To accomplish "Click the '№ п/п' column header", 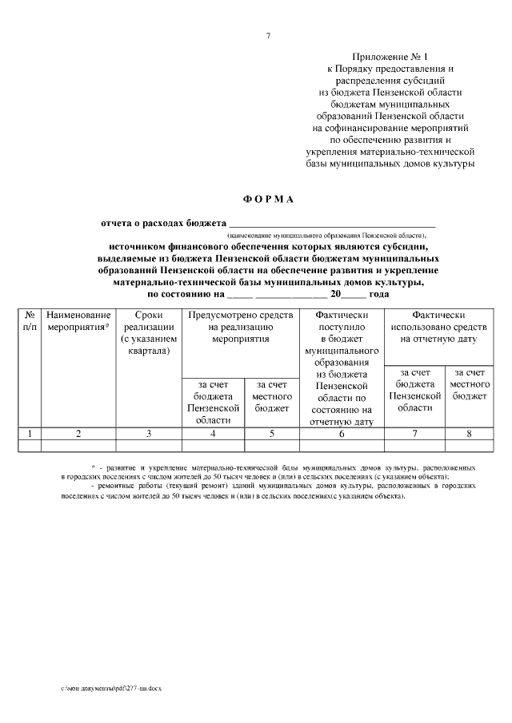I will click(x=29, y=321).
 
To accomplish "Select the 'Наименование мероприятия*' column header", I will click(x=78, y=321).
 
